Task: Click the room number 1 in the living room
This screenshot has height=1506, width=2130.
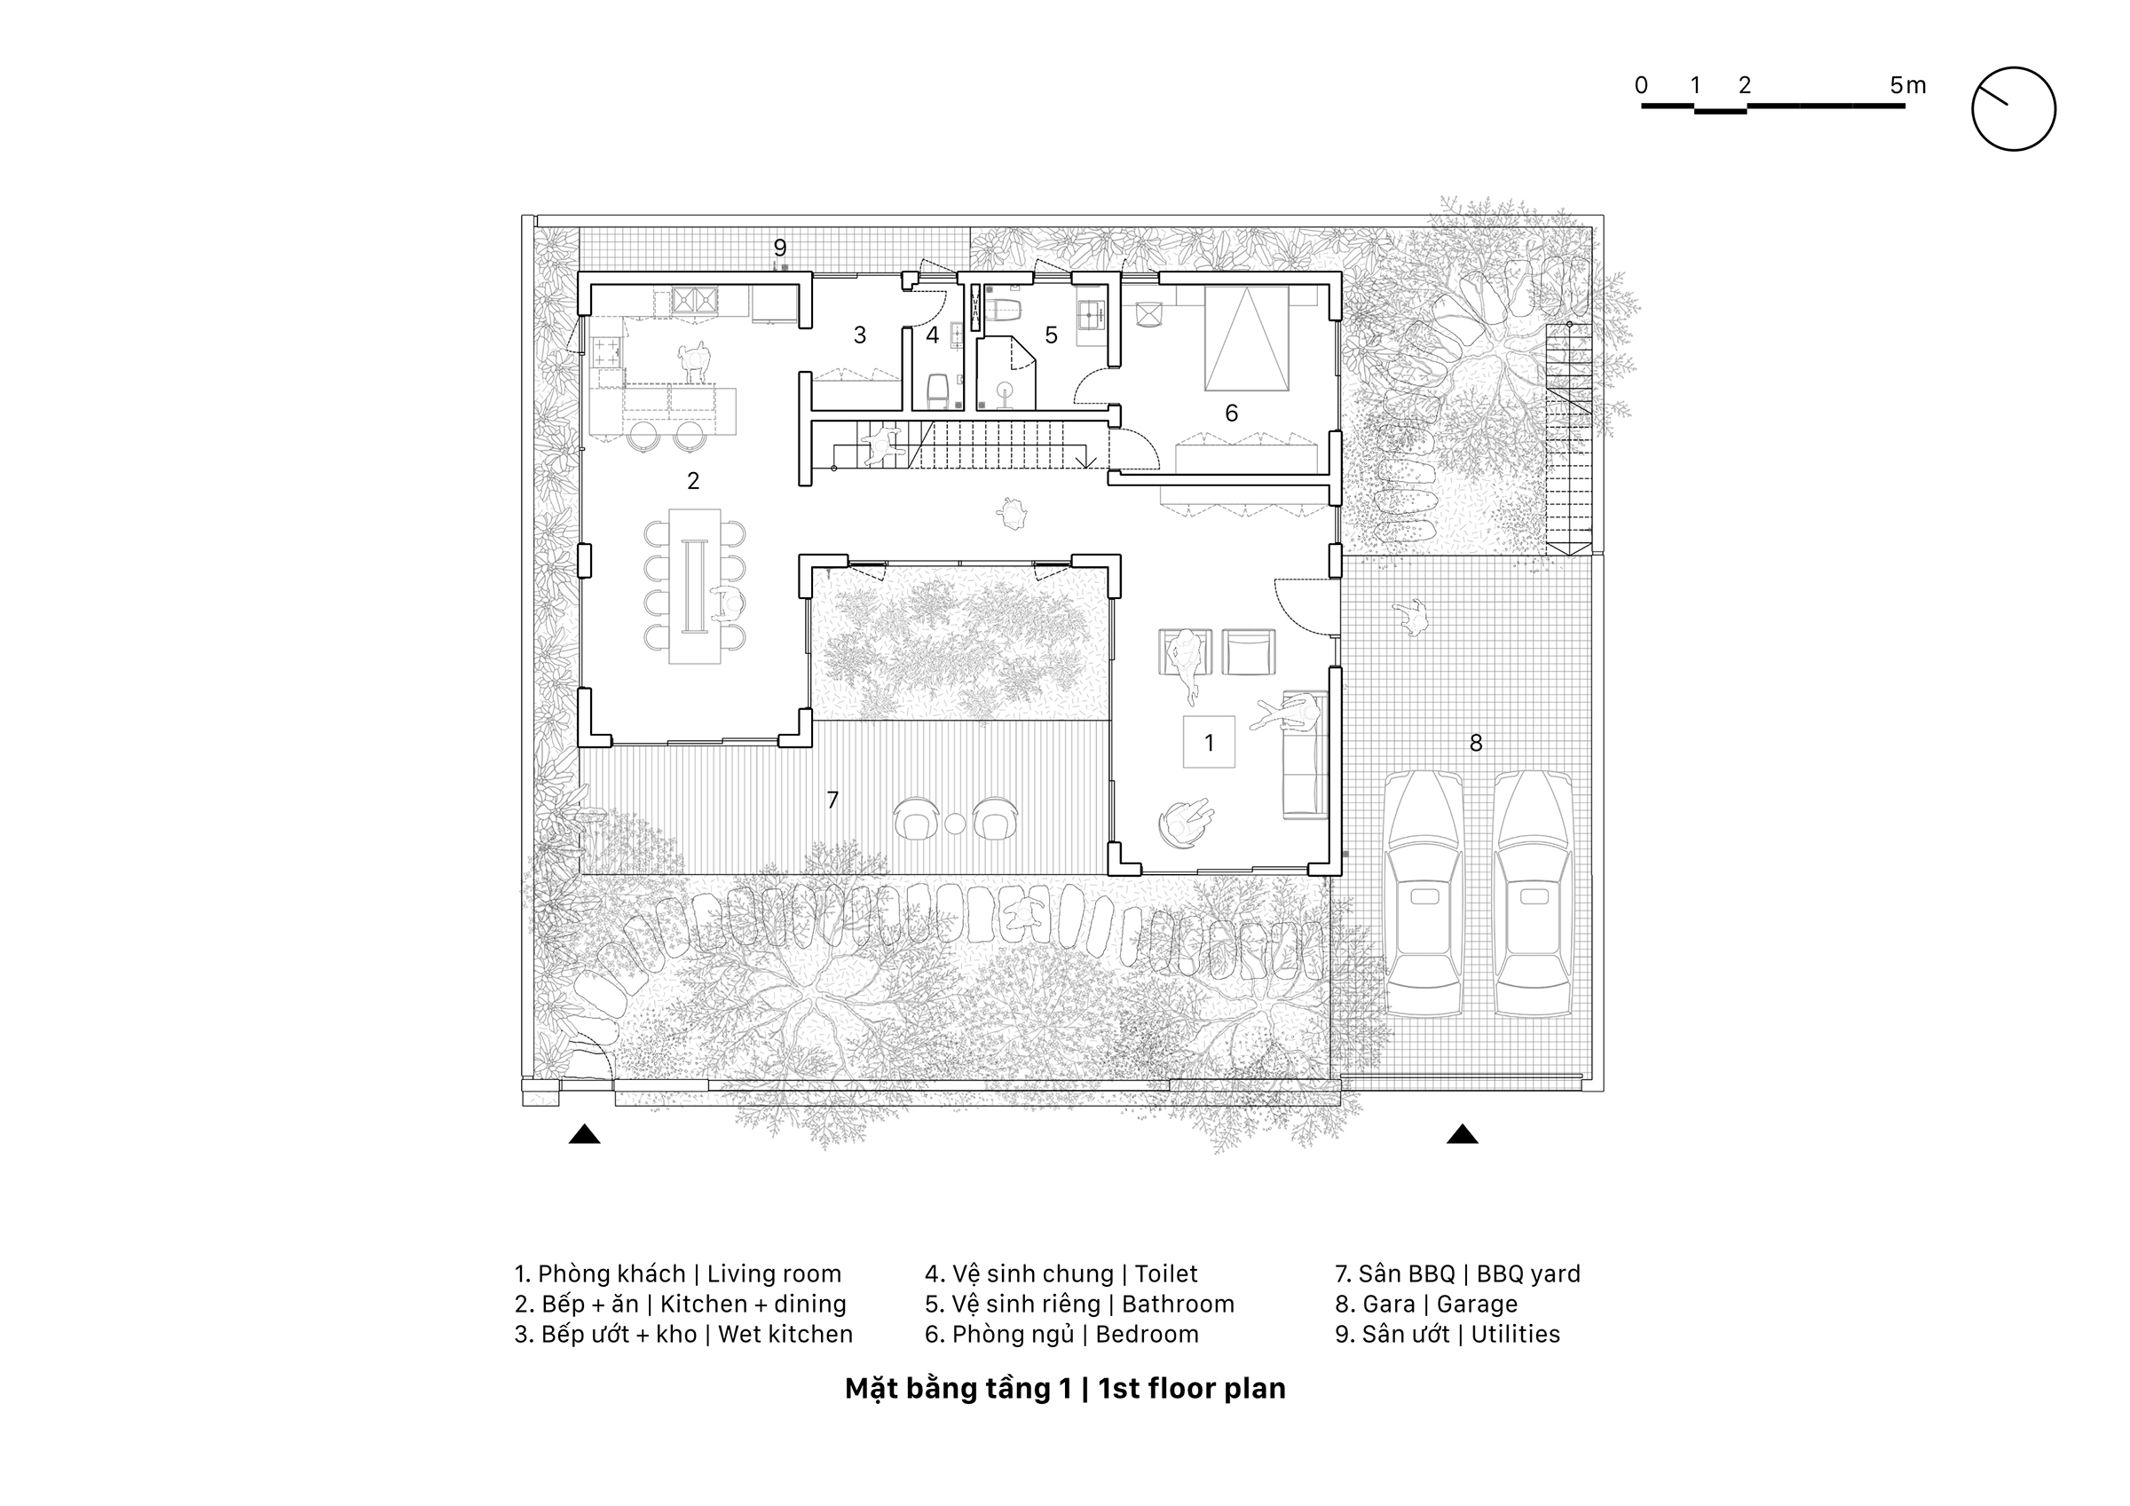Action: click(1209, 742)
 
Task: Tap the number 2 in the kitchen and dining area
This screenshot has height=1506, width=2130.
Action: click(693, 481)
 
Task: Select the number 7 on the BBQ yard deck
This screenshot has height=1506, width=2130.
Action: click(832, 800)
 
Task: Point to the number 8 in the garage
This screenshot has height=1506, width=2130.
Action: click(1475, 742)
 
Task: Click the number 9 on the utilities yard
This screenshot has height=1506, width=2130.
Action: click(780, 248)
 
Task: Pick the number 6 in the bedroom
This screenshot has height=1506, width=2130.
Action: click(1231, 413)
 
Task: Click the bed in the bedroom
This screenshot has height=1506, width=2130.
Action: click(1247, 339)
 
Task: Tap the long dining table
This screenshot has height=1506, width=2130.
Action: click(695, 586)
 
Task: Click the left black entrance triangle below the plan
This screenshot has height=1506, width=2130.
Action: click(585, 1134)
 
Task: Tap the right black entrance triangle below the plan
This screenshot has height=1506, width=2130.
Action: click(1462, 1134)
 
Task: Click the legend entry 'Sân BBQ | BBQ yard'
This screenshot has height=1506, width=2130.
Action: click(1457, 1274)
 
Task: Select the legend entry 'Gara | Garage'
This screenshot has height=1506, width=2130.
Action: click(1426, 1305)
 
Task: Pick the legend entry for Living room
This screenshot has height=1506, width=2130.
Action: click(678, 1274)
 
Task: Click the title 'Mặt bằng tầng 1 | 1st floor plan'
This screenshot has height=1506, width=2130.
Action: click(1065, 1388)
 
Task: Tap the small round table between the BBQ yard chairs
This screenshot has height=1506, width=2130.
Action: click(955, 823)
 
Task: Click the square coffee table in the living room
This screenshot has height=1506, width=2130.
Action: click(1209, 741)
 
